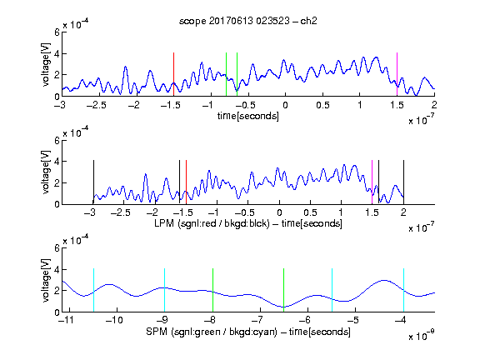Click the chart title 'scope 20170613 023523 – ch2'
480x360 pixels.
click(248, 21)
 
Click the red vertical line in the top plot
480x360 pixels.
click(173, 74)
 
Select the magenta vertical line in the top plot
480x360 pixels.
click(397, 74)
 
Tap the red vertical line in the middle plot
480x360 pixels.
click(186, 182)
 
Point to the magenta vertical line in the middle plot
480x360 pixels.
click(372, 182)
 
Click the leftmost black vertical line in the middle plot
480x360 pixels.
click(93, 182)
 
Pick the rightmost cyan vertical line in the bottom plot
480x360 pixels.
click(404, 290)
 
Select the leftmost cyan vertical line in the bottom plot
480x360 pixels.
click(93, 290)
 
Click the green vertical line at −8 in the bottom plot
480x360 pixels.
click(212, 290)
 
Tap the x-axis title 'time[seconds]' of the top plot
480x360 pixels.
click(248, 116)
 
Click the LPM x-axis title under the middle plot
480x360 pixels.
click(248, 223)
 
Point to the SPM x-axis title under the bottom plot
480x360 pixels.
click(248, 332)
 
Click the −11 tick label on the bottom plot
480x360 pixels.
click(67, 320)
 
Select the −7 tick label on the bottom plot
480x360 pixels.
click(257, 320)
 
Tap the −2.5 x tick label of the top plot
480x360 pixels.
click(97, 105)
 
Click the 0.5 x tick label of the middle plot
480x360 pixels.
click(310, 212)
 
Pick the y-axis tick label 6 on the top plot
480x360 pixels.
click(57, 32)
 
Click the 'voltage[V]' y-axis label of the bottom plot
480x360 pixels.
click(45, 281)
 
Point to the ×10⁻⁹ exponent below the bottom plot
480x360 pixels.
click(422, 335)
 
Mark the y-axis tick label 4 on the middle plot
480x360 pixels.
click(57, 162)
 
